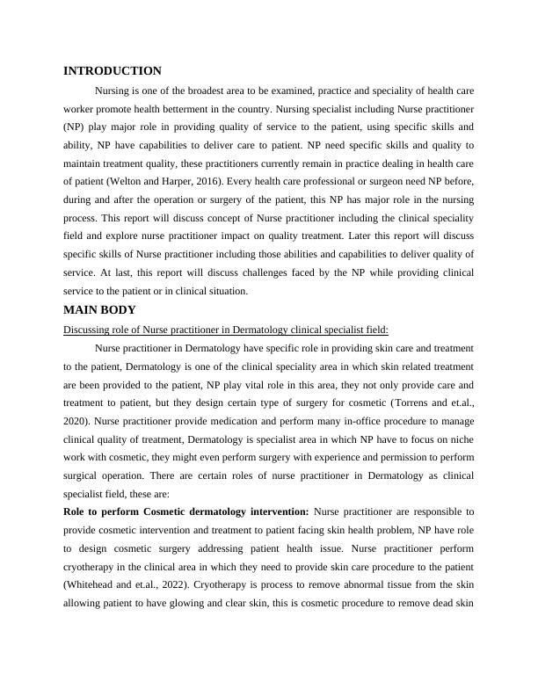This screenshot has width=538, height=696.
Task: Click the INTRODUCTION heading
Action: pyautogui.click(x=113, y=71)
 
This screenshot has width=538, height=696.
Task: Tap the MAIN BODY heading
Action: pyautogui.click(x=99, y=310)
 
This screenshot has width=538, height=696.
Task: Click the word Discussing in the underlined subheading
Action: pyautogui.click(x=88, y=330)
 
